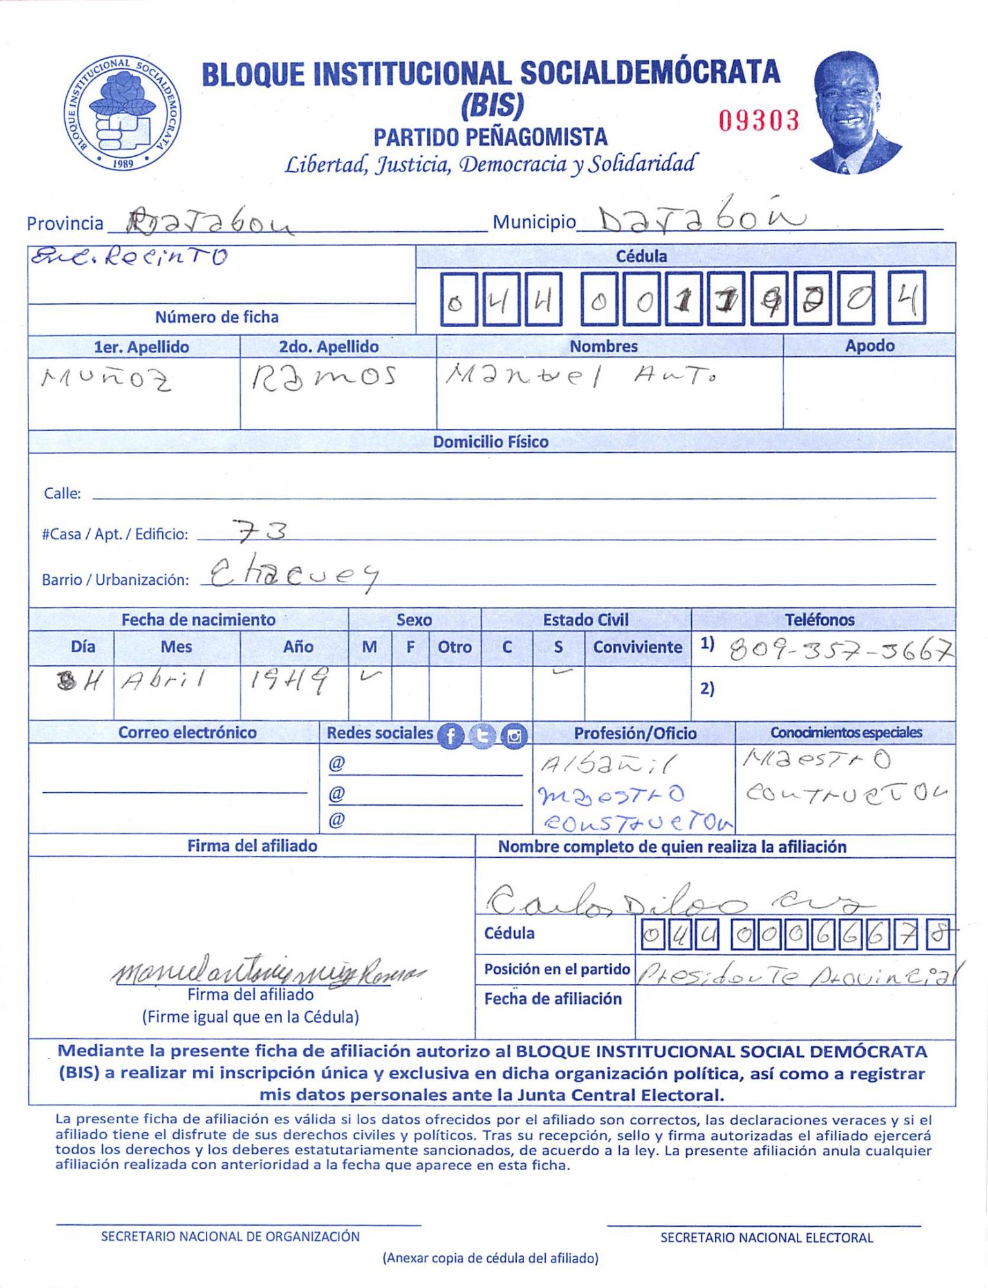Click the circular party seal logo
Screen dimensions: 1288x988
click(122, 113)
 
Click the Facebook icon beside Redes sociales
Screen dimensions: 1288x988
click(451, 735)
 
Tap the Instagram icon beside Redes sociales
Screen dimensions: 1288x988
click(514, 735)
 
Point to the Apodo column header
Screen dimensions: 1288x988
click(869, 346)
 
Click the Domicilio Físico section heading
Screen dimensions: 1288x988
click(490, 442)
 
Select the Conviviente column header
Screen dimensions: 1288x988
click(637, 647)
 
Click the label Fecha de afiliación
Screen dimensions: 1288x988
click(553, 999)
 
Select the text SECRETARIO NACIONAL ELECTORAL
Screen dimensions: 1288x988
click(766, 1238)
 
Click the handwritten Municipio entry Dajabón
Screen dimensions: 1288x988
click(702, 221)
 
